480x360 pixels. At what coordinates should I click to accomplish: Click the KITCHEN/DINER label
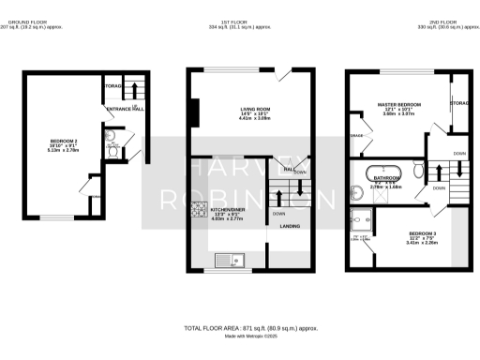point(228,212)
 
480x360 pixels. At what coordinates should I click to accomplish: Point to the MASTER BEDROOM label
point(399,105)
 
